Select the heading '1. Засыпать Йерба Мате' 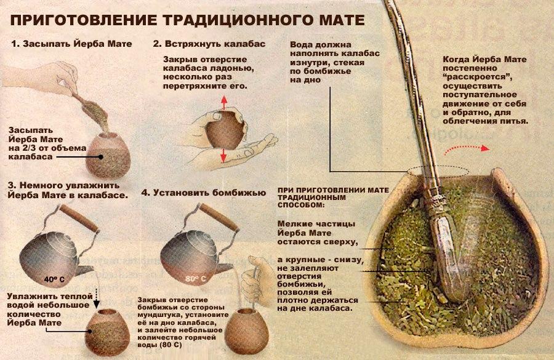[71, 44]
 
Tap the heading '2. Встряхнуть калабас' [209, 44]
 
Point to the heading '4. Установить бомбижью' [204, 193]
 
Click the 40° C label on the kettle [54, 279]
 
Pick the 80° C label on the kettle [195, 279]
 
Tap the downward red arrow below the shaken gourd [223, 156]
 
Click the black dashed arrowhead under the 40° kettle [97, 304]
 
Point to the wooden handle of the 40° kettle [78, 218]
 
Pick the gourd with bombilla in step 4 [247, 330]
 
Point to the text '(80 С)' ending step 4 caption [171, 345]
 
